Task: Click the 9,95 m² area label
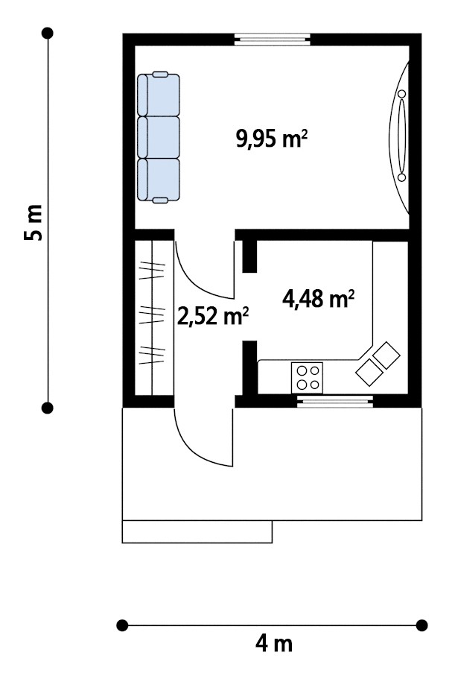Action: click(272, 139)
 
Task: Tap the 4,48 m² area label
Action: click(318, 299)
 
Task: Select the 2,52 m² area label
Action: click(213, 316)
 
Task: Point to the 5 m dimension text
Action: click(34, 222)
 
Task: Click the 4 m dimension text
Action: click(273, 643)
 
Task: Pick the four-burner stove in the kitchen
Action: click(307, 378)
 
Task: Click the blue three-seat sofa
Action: click(159, 137)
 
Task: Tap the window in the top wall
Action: click(273, 40)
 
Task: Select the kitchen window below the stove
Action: click(335, 401)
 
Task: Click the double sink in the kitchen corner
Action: click(378, 364)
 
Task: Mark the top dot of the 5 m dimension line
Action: click(48, 33)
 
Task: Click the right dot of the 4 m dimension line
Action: click(422, 625)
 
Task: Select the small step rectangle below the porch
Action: click(197, 532)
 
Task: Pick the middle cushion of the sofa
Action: click(159, 137)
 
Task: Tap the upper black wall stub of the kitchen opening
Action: click(249, 256)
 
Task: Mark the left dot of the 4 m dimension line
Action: click(122, 625)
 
